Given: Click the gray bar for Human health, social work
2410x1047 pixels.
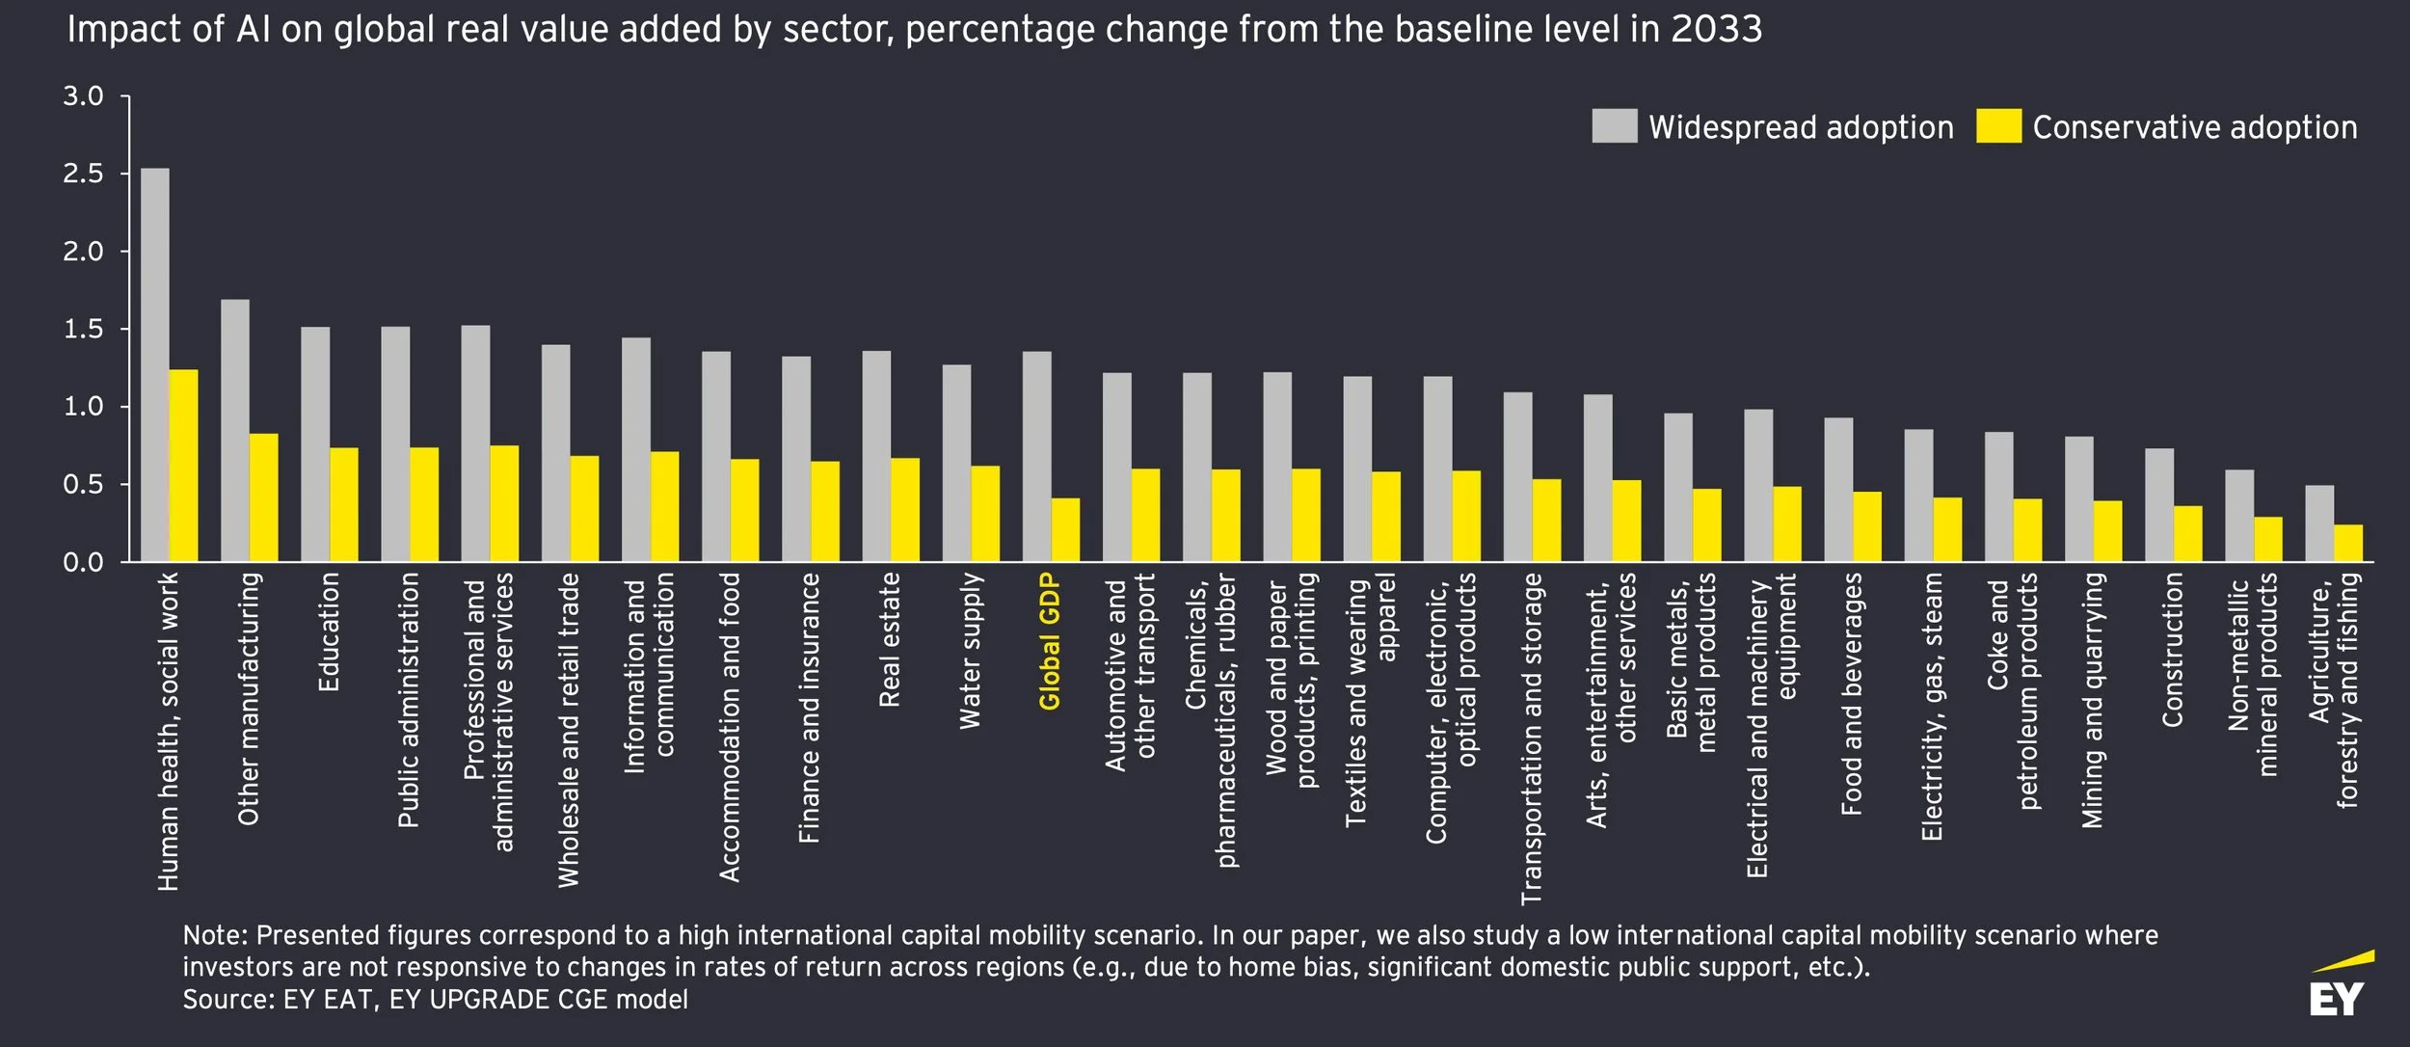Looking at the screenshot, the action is click(155, 364).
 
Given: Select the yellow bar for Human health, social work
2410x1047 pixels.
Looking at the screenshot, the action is click(184, 466).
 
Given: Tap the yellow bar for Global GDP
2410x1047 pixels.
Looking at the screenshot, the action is click(1065, 529).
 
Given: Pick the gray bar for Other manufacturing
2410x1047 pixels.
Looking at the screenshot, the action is click(235, 430).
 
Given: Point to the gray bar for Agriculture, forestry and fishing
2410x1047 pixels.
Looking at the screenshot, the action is click(2319, 523).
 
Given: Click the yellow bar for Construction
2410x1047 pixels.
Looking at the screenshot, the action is click(2187, 534).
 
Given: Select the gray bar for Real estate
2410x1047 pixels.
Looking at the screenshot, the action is click(876, 456).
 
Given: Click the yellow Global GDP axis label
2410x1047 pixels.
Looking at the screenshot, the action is click(1050, 641).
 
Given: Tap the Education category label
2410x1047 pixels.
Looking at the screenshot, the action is click(329, 632).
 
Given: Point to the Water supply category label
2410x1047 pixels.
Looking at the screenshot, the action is click(970, 651).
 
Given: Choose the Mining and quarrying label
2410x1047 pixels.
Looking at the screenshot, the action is click(2092, 701).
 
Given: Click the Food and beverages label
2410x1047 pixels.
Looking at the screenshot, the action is click(1851, 694).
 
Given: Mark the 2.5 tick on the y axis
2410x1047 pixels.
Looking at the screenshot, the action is click(83, 174).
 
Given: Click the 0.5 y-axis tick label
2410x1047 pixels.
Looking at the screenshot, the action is click(83, 484).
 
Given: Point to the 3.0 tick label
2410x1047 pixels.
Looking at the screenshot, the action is click(83, 96).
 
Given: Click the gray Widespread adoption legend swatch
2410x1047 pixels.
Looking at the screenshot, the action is click(1615, 126).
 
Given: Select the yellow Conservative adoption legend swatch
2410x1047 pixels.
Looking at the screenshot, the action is click(1998, 126).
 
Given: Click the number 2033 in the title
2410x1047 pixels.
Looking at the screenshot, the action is click(1717, 30).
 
